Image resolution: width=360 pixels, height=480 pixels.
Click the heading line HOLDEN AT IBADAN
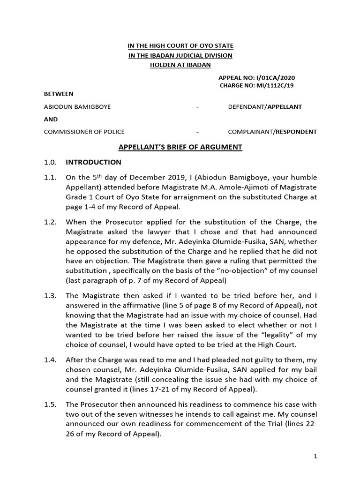[180, 65]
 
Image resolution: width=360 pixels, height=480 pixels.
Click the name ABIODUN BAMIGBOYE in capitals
[77, 106]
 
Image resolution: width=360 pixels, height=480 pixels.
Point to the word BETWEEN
[59, 94]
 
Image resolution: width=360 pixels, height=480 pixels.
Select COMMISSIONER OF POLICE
[84, 132]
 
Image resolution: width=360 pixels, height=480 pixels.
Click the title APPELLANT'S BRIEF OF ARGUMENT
[180, 147]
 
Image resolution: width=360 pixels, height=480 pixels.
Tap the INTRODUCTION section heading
[93, 162]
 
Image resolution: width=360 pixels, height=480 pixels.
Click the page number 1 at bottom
[315, 456]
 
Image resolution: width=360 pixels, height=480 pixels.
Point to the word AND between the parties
[51, 119]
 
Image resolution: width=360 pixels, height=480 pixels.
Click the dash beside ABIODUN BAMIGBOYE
[198, 107]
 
